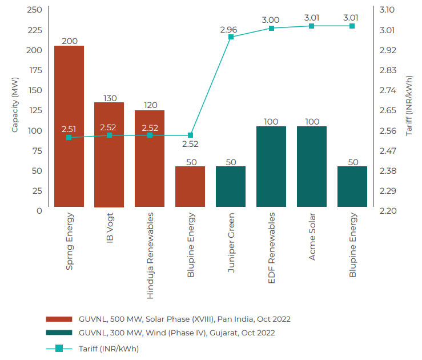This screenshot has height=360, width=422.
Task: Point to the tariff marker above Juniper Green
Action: click(231, 37)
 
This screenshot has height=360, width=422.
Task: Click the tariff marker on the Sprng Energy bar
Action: click(69, 137)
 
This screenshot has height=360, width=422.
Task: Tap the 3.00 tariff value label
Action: click(271, 20)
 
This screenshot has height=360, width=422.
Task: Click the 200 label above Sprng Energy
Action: click(69, 41)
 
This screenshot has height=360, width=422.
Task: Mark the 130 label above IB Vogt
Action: click(110, 98)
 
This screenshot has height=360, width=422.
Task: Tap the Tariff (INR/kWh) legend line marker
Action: click(59, 348)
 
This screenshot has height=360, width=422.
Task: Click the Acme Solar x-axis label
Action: click(312, 237)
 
